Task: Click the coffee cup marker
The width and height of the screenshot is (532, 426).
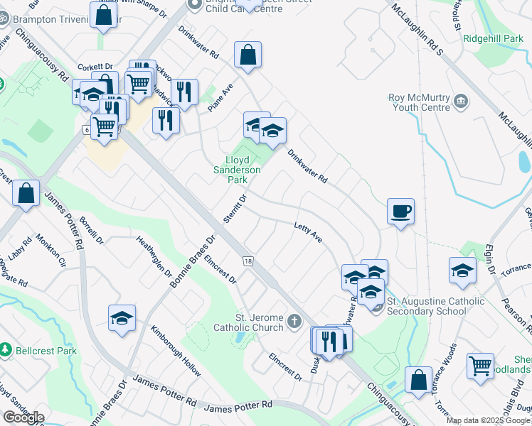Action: tap(400, 211)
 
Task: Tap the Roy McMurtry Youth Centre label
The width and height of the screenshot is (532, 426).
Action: tap(419, 102)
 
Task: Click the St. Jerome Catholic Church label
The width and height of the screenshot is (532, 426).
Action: tap(249, 322)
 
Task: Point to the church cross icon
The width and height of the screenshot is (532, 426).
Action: tap(294, 323)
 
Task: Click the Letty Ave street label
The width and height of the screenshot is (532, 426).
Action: tap(309, 232)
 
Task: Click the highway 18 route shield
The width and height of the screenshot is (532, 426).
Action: tap(248, 261)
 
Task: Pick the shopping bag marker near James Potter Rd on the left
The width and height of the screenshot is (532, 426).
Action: tap(26, 194)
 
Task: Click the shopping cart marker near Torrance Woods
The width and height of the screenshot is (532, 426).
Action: tap(481, 366)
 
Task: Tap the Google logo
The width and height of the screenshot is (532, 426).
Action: tap(23, 417)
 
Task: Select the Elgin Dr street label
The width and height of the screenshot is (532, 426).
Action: tap(490, 260)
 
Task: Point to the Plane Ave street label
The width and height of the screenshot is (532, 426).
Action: tap(223, 98)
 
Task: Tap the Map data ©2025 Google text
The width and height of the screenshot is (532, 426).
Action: tap(488, 421)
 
